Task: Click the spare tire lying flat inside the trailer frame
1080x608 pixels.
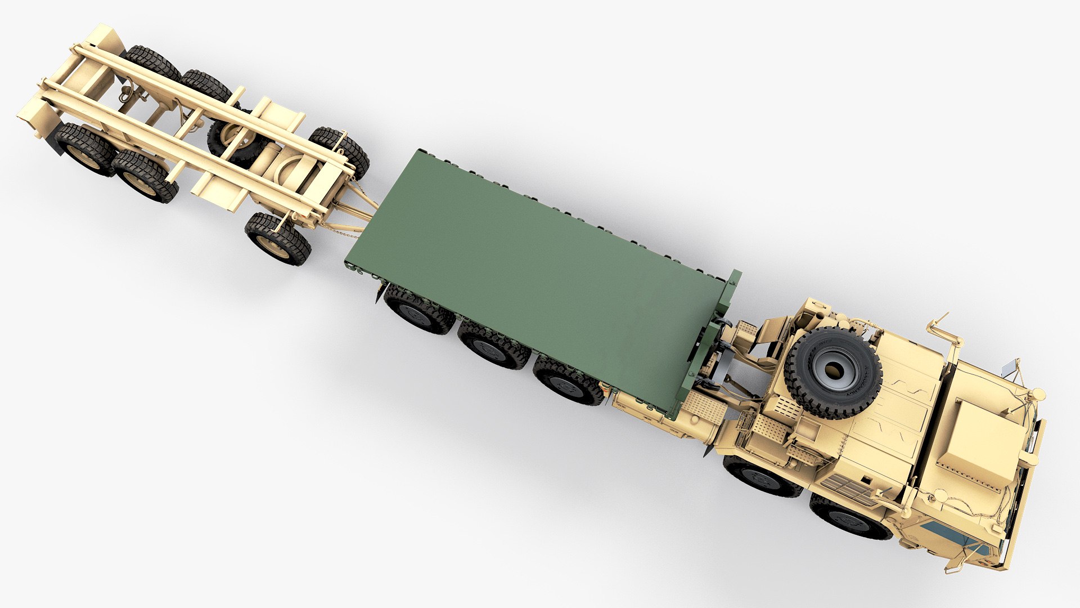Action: (x=236, y=138)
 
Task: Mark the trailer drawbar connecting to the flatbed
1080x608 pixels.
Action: (x=357, y=205)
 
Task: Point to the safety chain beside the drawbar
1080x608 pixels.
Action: (x=343, y=229)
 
